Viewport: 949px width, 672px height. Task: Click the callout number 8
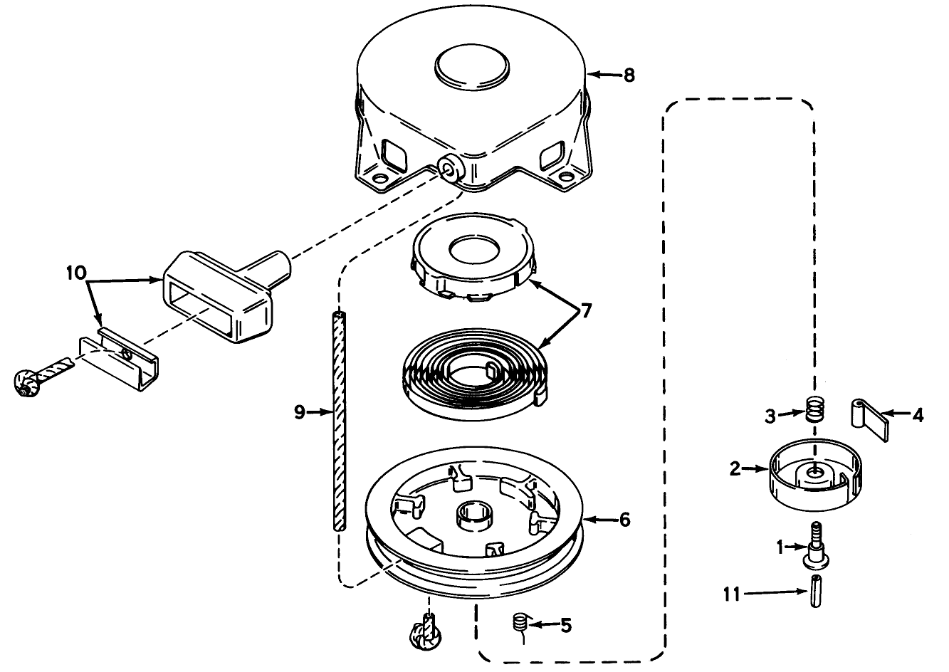coord(629,75)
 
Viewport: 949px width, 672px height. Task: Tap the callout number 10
coord(76,272)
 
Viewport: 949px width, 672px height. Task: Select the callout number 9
coord(300,411)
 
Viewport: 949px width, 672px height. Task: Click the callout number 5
coord(565,626)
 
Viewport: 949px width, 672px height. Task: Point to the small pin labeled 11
coord(814,592)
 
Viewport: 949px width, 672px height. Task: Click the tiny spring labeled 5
coord(520,623)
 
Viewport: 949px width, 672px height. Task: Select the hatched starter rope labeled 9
coord(339,420)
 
